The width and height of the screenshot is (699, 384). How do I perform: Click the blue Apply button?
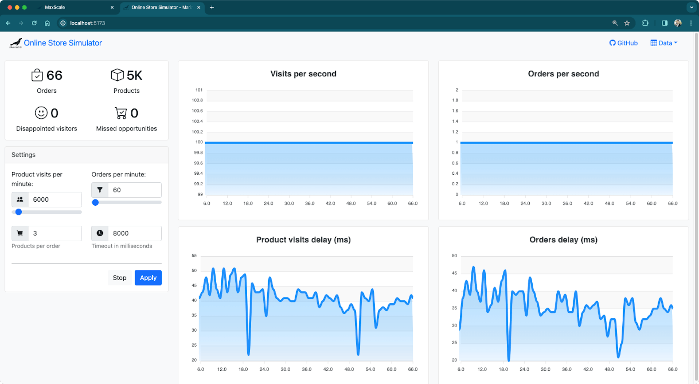coord(148,278)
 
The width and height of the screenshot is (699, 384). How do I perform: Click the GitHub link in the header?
coord(623,43)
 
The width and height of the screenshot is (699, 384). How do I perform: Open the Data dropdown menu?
coord(664,43)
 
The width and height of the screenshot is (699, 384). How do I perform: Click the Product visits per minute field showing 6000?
coord(55,199)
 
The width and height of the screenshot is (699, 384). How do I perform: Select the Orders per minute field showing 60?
coord(134,190)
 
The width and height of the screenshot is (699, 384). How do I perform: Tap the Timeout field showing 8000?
coord(134,233)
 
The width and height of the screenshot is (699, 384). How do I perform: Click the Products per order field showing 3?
coord(55,233)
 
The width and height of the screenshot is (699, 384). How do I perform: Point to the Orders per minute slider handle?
coord(95,202)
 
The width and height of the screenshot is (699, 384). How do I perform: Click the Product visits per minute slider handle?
coord(19,212)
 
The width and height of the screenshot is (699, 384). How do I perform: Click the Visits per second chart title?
coord(303,74)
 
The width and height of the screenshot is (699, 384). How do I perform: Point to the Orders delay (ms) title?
coord(563,240)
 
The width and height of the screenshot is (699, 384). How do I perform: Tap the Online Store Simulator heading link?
coord(63,43)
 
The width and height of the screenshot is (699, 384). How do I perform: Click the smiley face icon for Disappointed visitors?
coord(41,113)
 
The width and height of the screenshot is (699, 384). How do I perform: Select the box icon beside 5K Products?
coord(117,75)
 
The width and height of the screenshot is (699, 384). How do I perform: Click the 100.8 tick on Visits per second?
coord(197,100)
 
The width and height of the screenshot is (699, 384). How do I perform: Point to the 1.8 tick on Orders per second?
coord(455,100)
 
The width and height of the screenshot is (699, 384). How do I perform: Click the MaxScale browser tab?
coord(55,7)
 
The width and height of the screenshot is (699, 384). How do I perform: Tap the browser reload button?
coord(34,23)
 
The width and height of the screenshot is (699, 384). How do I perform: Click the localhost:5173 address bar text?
coord(87,23)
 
